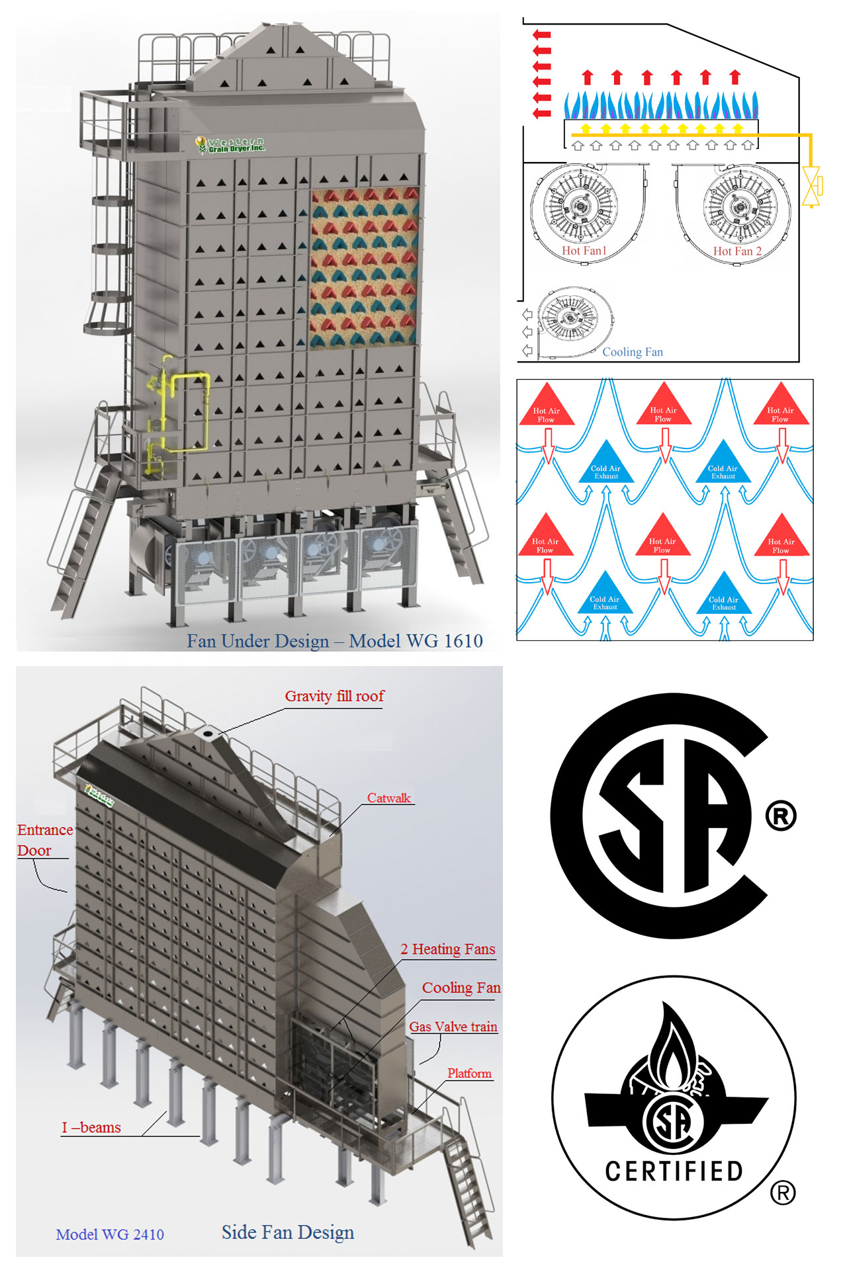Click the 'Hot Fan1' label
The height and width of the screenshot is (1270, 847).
[x=584, y=251]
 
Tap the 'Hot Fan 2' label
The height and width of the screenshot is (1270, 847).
[x=737, y=251]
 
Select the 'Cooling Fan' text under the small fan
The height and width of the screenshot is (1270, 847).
[x=632, y=352]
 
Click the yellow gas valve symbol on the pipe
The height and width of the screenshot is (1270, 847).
[x=811, y=187]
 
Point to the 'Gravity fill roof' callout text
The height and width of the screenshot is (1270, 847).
[x=334, y=697]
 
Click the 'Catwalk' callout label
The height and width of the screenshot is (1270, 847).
[x=389, y=798]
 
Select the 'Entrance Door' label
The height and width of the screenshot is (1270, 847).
[x=44, y=840]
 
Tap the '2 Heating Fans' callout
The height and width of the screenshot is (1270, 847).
[x=447, y=949]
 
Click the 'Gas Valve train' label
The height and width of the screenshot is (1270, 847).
[x=453, y=1027]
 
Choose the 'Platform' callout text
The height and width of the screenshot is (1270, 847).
[x=469, y=1074]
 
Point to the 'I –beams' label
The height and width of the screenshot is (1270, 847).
[x=91, y=1128]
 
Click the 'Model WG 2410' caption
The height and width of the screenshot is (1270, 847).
[x=110, y=1234]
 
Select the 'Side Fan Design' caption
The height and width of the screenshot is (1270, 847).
[x=288, y=1232]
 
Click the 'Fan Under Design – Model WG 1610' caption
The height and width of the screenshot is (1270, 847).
[x=334, y=641]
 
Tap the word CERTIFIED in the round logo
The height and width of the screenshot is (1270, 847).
[x=674, y=1171]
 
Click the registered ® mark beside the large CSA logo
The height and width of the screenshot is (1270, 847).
[x=781, y=816]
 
